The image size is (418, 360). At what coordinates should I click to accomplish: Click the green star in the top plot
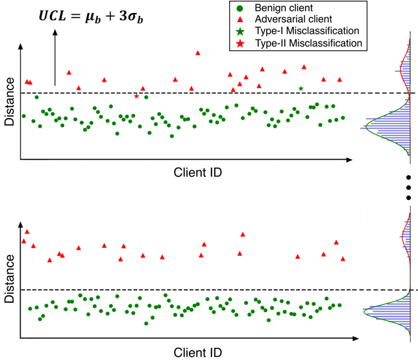301,88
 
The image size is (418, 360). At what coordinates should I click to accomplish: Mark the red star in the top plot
136,96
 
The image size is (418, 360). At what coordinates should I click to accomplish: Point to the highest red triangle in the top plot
197,53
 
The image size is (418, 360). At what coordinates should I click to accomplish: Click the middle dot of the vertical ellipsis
408,187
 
